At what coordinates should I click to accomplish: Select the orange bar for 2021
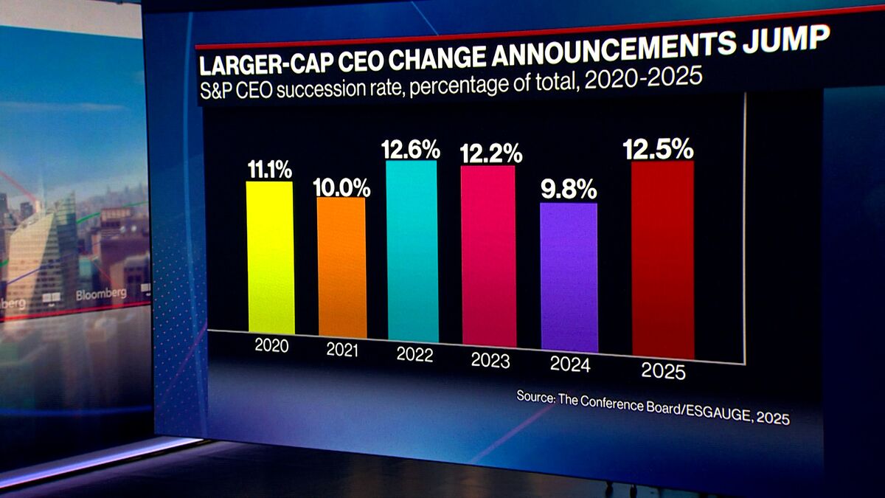tap(341, 267)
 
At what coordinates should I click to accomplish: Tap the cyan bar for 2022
tap(412, 252)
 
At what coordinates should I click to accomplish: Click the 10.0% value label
tap(341, 187)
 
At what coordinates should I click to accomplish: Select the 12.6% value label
tap(411, 150)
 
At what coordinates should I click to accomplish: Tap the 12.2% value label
tap(490, 153)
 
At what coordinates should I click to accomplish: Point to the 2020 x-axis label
tap(271, 345)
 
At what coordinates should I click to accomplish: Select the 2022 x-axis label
tap(414, 354)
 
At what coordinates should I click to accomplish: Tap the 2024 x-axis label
tap(570, 364)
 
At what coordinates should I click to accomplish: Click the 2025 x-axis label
tap(663, 371)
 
